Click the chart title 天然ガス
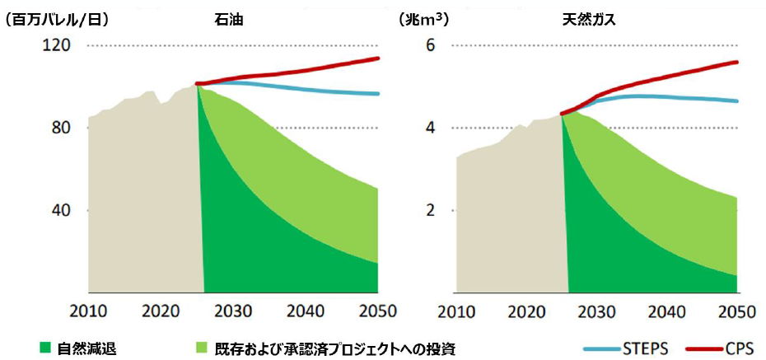tap(590, 19)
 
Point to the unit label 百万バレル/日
tap(57, 19)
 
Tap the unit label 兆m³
tap(424, 19)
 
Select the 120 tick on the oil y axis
tap(55, 46)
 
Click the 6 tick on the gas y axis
tap(429, 46)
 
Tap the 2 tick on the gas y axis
tap(429, 211)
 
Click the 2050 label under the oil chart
tap(378, 312)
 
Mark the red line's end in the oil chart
tap(378, 58)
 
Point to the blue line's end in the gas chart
tap(737, 101)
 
